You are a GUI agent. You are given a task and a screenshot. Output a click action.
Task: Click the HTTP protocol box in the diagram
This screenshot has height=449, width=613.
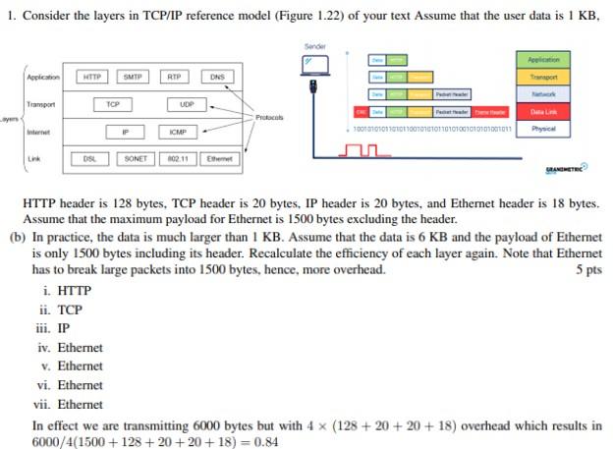tap(91, 77)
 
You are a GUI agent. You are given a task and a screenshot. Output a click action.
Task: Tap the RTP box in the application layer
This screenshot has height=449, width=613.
tap(174, 77)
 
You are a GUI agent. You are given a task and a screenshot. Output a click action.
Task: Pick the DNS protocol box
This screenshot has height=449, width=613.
tap(217, 77)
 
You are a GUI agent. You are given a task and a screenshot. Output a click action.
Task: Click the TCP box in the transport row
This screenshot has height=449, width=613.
tap(113, 104)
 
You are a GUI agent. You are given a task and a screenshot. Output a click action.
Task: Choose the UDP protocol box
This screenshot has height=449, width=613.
tap(186, 104)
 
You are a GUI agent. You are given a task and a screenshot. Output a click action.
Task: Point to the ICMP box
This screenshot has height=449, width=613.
tap(178, 132)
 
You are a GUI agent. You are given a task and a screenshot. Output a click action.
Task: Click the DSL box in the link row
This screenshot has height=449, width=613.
tap(89, 158)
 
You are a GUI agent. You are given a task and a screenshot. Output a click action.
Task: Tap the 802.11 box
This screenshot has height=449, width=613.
tap(178, 158)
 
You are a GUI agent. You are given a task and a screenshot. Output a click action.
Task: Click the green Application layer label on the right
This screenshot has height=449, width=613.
tap(543, 60)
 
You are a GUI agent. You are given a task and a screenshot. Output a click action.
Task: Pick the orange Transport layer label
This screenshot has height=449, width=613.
tap(543, 77)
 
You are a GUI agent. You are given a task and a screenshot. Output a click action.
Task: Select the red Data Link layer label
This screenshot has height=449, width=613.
tap(543, 112)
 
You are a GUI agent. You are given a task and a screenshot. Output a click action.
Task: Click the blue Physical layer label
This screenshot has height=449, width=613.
tap(543, 129)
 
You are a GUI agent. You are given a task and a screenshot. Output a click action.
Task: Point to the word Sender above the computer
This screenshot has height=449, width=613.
tap(315, 46)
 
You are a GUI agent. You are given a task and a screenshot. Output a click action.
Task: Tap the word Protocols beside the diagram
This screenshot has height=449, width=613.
tap(270, 118)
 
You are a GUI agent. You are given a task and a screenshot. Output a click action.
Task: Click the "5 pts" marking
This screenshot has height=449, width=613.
tap(587, 270)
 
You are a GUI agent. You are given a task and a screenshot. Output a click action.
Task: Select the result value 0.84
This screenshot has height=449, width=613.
tap(264, 442)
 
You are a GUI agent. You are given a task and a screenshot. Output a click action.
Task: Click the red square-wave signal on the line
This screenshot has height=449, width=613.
tap(364, 150)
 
